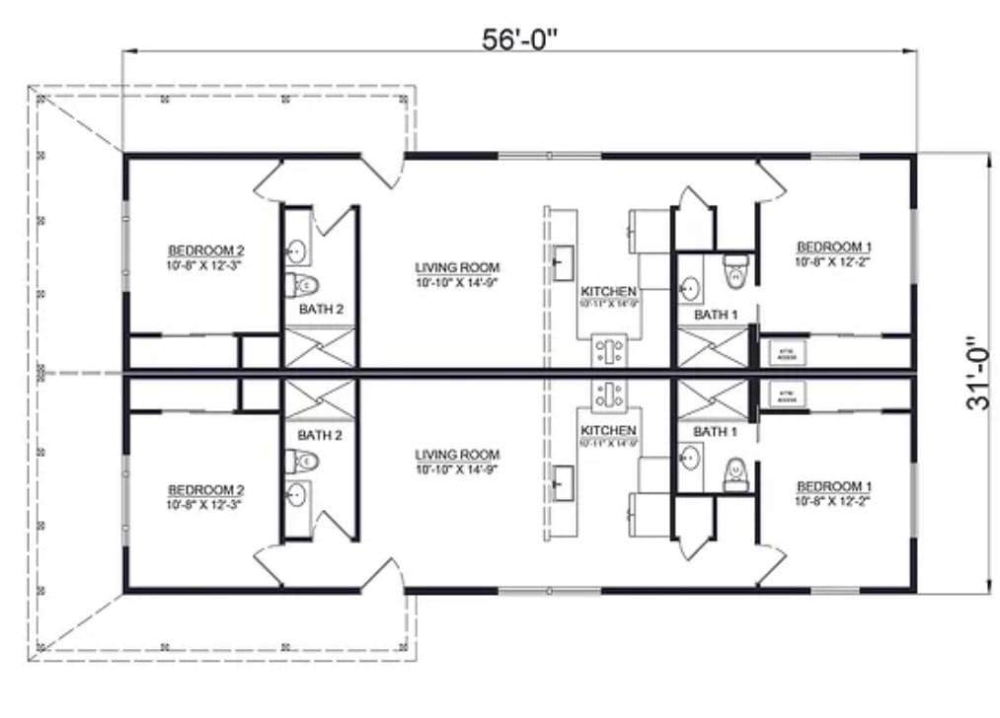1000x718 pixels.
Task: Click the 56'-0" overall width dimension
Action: (x=519, y=38)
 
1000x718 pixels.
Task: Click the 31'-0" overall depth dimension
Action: (x=976, y=373)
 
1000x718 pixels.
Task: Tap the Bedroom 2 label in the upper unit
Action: (x=205, y=250)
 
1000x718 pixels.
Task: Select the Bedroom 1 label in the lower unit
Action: (x=834, y=486)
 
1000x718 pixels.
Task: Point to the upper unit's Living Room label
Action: (x=457, y=267)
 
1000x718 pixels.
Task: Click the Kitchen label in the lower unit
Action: (x=608, y=431)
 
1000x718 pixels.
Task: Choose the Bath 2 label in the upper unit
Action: (x=321, y=310)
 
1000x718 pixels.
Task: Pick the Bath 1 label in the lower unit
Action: (x=716, y=432)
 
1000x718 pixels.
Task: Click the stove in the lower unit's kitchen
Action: (x=607, y=393)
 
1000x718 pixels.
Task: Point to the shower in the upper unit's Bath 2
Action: (x=320, y=347)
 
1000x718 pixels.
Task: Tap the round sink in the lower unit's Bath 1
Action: (x=690, y=458)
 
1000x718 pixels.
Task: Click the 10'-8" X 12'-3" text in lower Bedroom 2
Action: (x=205, y=503)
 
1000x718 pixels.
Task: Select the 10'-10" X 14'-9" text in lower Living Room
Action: (x=457, y=468)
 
